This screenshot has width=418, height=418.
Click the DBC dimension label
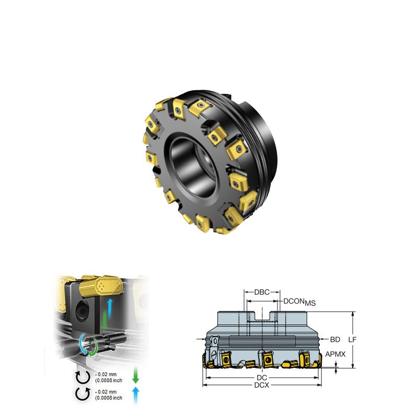tap(262, 292)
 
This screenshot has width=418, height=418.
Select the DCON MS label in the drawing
tap(299, 302)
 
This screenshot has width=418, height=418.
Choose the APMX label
tap(335, 354)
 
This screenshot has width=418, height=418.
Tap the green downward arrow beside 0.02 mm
tap(136, 376)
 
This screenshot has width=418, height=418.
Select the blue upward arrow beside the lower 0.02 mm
tap(136, 394)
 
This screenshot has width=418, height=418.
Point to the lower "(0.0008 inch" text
tap(109, 398)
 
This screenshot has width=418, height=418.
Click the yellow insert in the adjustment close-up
tap(102, 285)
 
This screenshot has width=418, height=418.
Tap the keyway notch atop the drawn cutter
tap(262, 316)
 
